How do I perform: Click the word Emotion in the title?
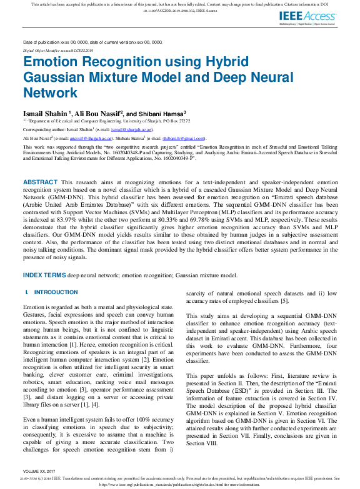click(x=54, y=63)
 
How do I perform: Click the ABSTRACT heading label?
click(x=40, y=181)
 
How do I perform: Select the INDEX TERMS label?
click(x=44, y=275)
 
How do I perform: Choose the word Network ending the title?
click(x=51, y=93)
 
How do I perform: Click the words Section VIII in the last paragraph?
click(x=203, y=426)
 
